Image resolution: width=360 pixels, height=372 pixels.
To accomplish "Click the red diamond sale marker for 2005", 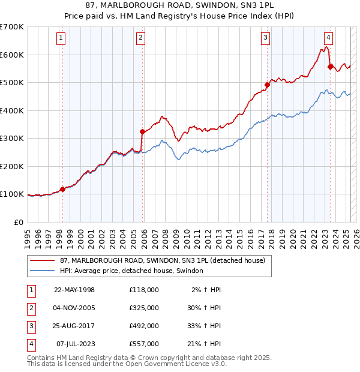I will (142, 131).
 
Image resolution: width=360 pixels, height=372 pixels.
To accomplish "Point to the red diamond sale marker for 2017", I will (267, 85).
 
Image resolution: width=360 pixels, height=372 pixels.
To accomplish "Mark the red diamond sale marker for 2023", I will (330, 67).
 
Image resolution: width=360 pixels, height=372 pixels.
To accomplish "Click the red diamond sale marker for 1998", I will (62, 189).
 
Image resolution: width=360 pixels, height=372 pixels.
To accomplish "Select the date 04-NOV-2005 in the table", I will (74, 307).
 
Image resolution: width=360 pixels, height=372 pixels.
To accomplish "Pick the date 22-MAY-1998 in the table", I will (74, 289).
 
